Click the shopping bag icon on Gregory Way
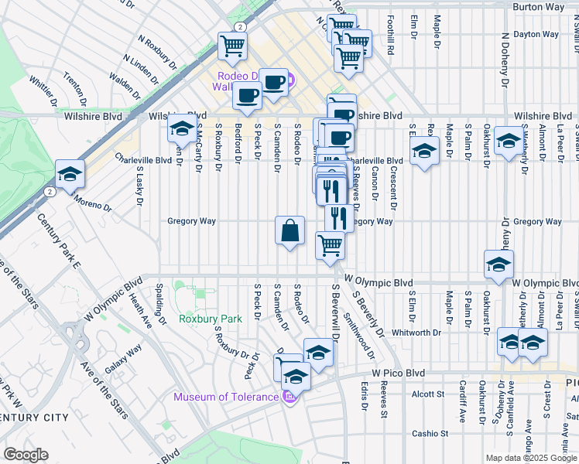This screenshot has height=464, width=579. pos(289,230)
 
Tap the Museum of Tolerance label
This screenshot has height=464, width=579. pos(225,397)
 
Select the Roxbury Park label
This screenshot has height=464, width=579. pos(200,318)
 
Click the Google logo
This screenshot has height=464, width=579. pos(26,455)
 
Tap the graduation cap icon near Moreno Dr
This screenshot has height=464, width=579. pos(70,175)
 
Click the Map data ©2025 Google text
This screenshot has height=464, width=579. pos(530,458)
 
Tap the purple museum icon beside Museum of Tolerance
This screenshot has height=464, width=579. pos(289,397)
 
